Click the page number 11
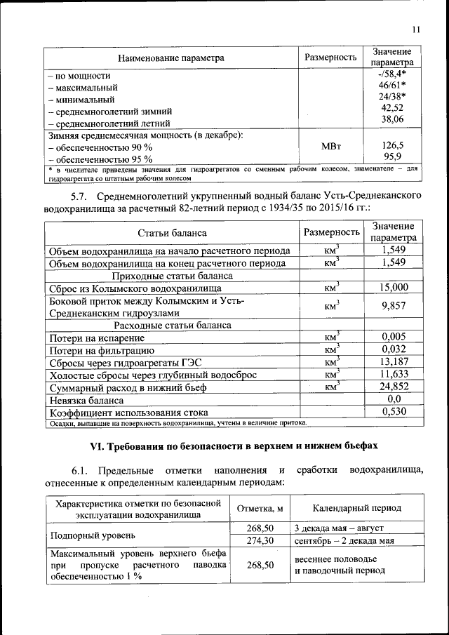[x=416, y=29]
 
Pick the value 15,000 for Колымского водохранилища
[x=394, y=287]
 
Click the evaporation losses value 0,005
[x=394, y=337]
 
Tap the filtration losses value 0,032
[x=394, y=349]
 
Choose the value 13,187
[x=394, y=362]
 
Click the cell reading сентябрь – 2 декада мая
[x=343, y=540]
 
